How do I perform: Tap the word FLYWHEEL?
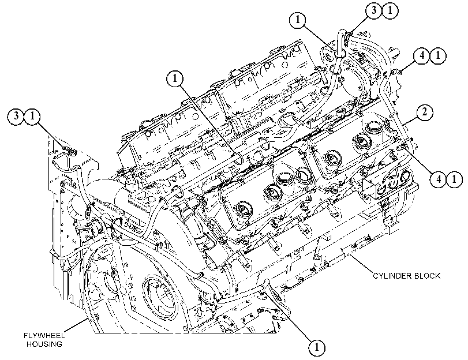[x=44, y=335]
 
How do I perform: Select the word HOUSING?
[x=44, y=344]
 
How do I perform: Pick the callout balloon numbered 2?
[x=424, y=112]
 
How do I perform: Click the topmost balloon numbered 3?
[x=374, y=11]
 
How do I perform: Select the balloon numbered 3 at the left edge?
[x=16, y=115]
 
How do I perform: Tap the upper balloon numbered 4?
[x=422, y=56]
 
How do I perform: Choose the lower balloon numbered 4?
[x=438, y=179]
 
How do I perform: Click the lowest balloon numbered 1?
[x=317, y=347]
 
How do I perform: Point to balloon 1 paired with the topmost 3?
[x=390, y=11]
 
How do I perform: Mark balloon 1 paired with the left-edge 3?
[x=32, y=115]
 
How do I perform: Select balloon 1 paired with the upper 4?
[x=438, y=56]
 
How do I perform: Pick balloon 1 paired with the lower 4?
[x=454, y=179]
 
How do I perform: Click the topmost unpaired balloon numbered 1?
[x=298, y=20]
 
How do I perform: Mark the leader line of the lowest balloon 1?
[x=287, y=315]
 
